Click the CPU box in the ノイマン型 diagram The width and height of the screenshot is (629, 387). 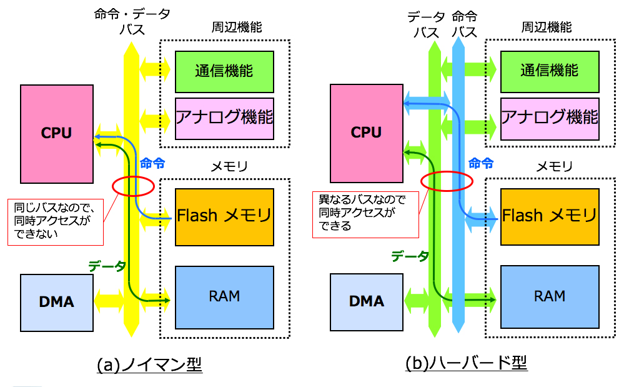click(x=56, y=132)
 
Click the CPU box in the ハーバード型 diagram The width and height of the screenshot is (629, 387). click(x=366, y=132)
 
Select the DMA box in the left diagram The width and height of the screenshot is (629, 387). click(x=56, y=302)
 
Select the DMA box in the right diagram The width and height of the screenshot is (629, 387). click(x=366, y=302)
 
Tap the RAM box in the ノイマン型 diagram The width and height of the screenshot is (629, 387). click(x=224, y=296)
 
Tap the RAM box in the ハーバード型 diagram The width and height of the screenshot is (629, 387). click(x=550, y=296)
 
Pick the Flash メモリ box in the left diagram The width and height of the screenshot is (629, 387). click(x=224, y=216)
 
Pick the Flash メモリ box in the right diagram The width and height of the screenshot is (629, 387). click(x=550, y=216)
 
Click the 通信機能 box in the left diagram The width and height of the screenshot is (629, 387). click(x=224, y=71)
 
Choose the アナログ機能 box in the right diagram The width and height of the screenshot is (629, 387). click(x=550, y=118)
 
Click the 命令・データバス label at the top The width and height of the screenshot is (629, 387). click(x=132, y=22)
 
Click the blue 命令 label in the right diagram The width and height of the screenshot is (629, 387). click(x=481, y=164)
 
